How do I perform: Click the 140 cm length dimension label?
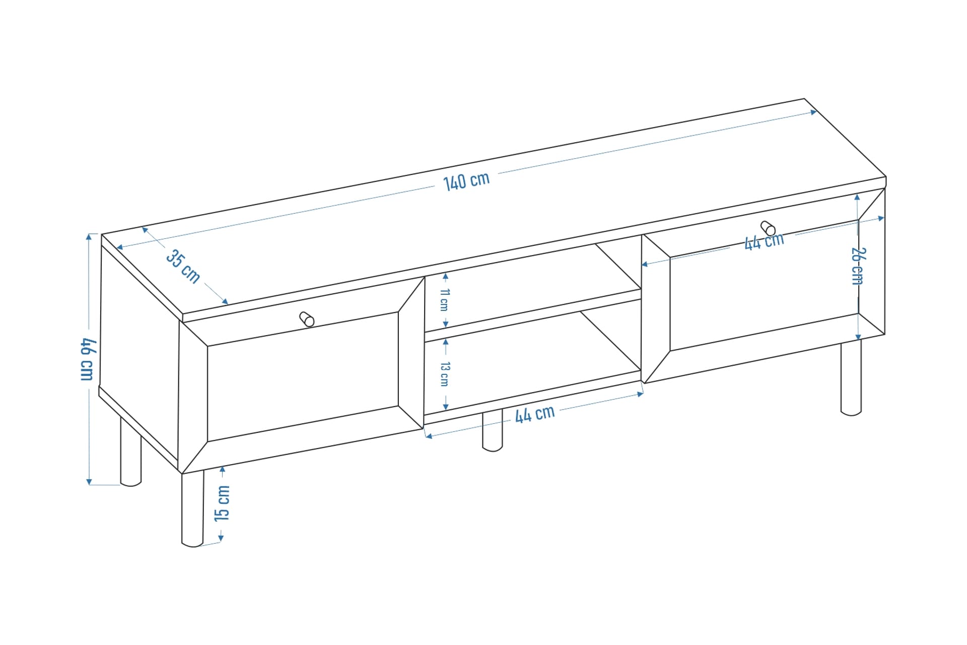[x=466, y=181]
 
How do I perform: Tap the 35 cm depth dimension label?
[x=183, y=266]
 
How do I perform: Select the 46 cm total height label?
[x=88, y=359]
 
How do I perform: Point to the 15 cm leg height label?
[x=222, y=503]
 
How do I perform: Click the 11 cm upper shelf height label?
[x=444, y=300]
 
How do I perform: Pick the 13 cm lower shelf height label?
[x=445, y=374]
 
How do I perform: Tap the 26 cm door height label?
[x=857, y=266]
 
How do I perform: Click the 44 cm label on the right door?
[x=764, y=241]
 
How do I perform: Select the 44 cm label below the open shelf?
[x=534, y=414]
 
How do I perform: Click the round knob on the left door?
[x=307, y=319]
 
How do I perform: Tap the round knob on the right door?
[x=768, y=228]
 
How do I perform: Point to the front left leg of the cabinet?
[x=192, y=508]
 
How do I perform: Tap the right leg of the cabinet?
[x=851, y=377]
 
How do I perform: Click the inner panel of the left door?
[x=303, y=376]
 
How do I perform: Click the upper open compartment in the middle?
[x=533, y=292]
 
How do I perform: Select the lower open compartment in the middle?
[x=533, y=368]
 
